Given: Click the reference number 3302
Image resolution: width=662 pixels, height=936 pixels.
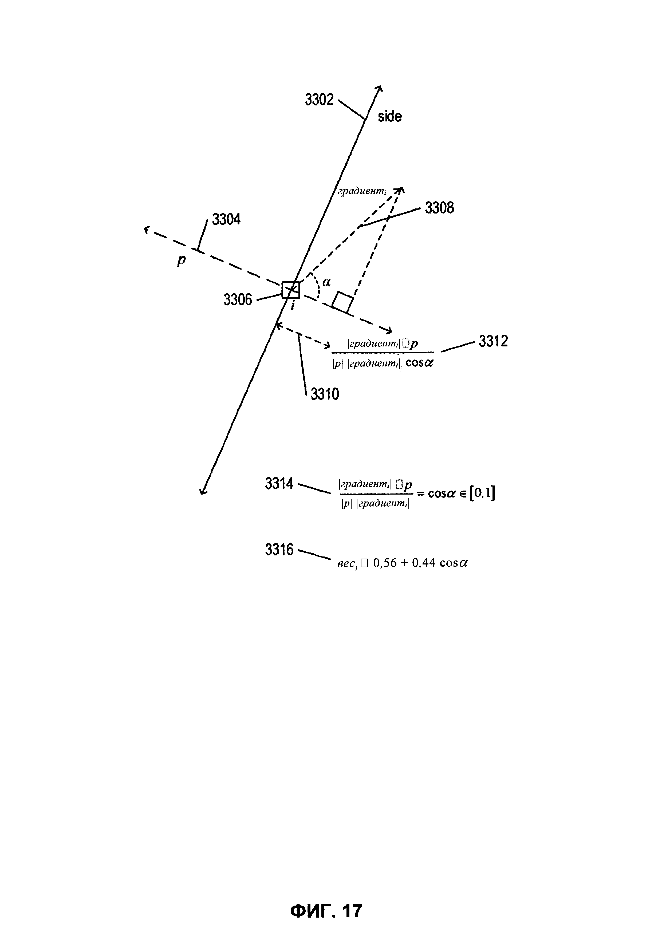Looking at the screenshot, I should tap(319, 100).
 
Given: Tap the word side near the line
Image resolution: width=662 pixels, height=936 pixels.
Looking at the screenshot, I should tap(390, 117).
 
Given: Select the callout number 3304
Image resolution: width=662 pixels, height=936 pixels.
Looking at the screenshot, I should tap(226, 220).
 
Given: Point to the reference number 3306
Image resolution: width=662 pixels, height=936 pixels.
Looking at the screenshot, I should tap(238, 300).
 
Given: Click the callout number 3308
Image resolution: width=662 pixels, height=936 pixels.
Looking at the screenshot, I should tap(439, 208).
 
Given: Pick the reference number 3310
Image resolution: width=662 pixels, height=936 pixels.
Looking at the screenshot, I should tap(325, 394).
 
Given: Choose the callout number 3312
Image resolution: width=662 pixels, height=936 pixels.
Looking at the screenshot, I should tap(493, 341).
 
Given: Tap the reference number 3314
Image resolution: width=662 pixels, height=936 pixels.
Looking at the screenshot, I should tap(279, 484).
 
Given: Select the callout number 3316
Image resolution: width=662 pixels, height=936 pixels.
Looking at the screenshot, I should tap(279, 550).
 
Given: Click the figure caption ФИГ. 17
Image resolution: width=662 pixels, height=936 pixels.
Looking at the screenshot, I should tap(326, 910).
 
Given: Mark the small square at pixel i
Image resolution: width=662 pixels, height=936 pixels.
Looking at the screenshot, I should tap(291, 290).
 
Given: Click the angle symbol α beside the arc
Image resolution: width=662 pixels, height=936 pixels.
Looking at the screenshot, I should tap(326, 282).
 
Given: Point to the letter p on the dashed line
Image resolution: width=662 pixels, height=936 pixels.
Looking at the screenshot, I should tap(181, 260).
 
